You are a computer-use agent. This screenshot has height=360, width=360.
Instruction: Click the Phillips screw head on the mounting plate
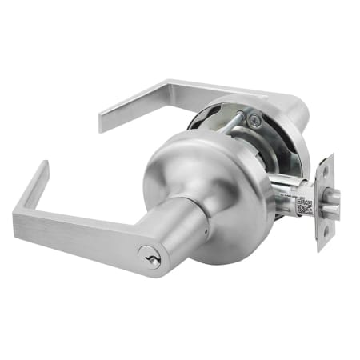254,120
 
